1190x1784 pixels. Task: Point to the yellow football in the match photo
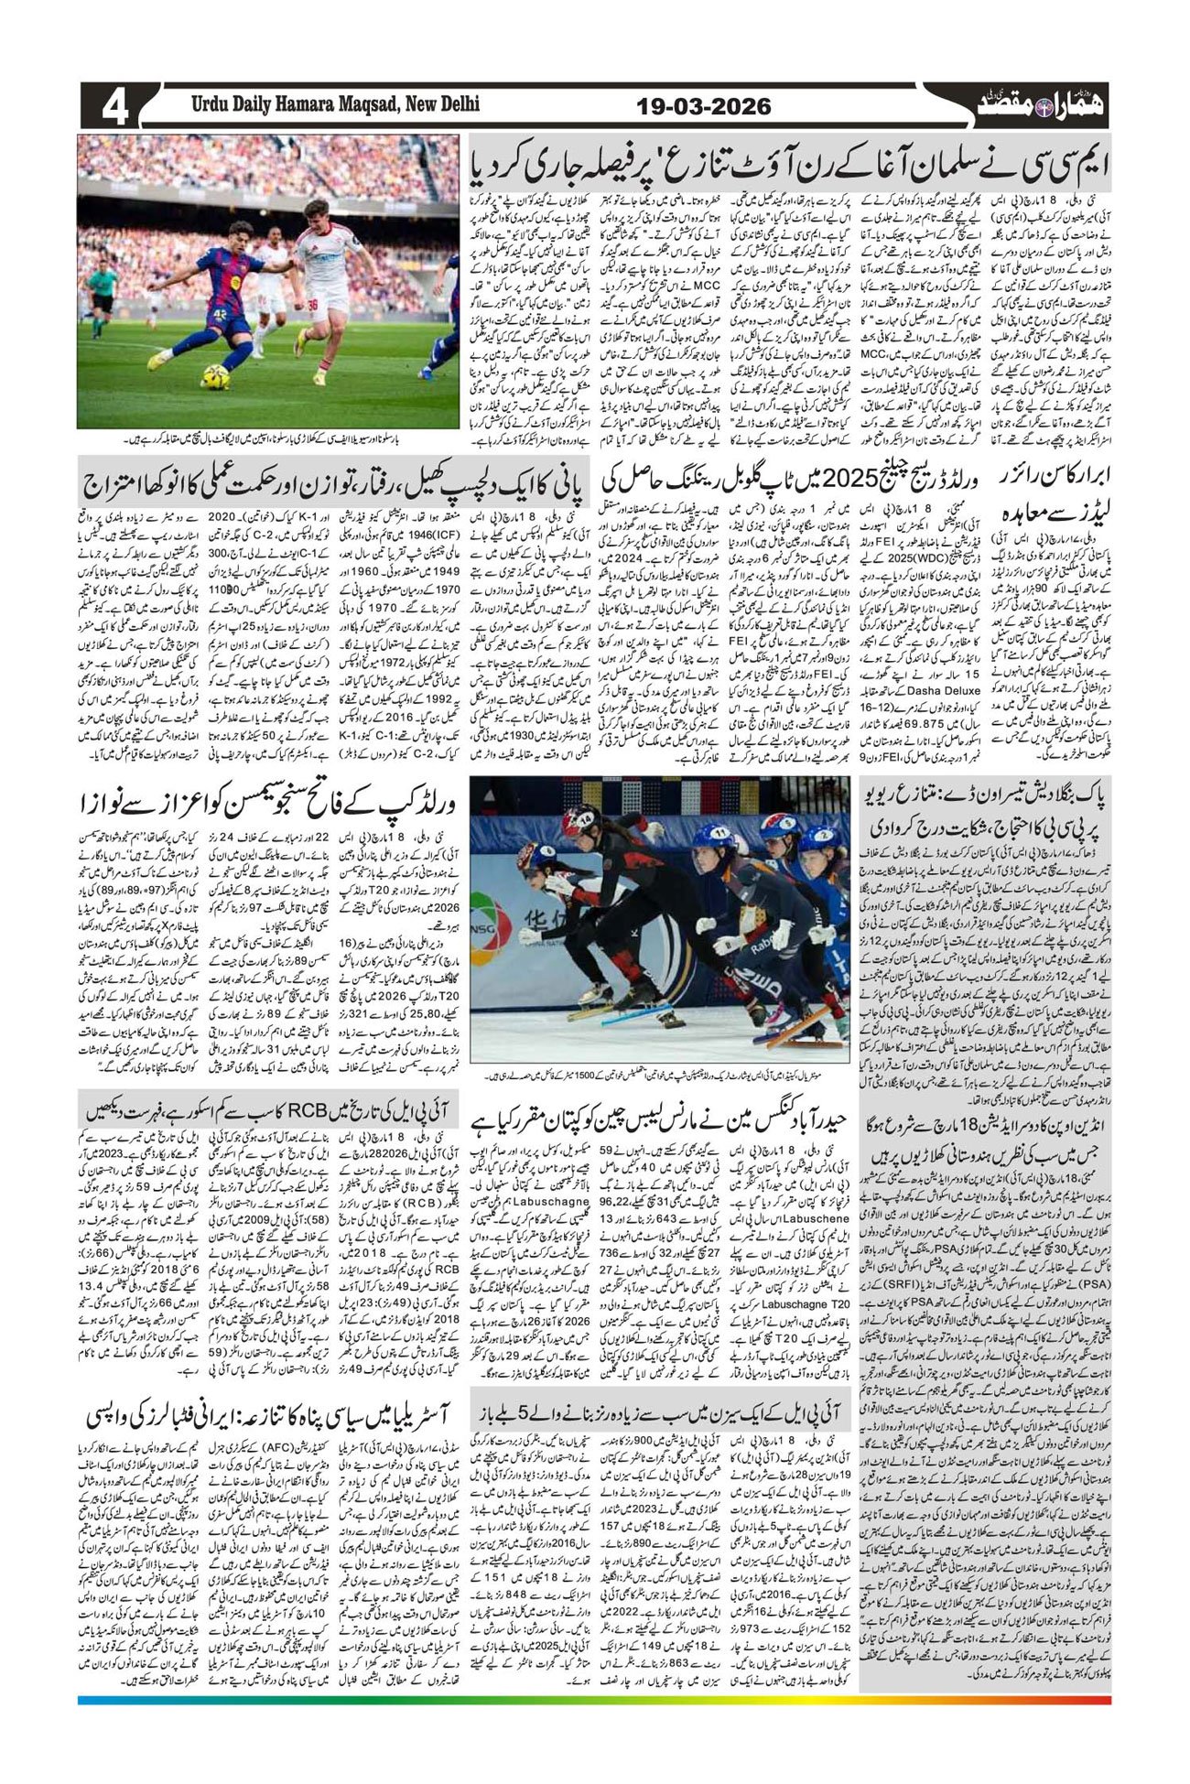216,378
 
